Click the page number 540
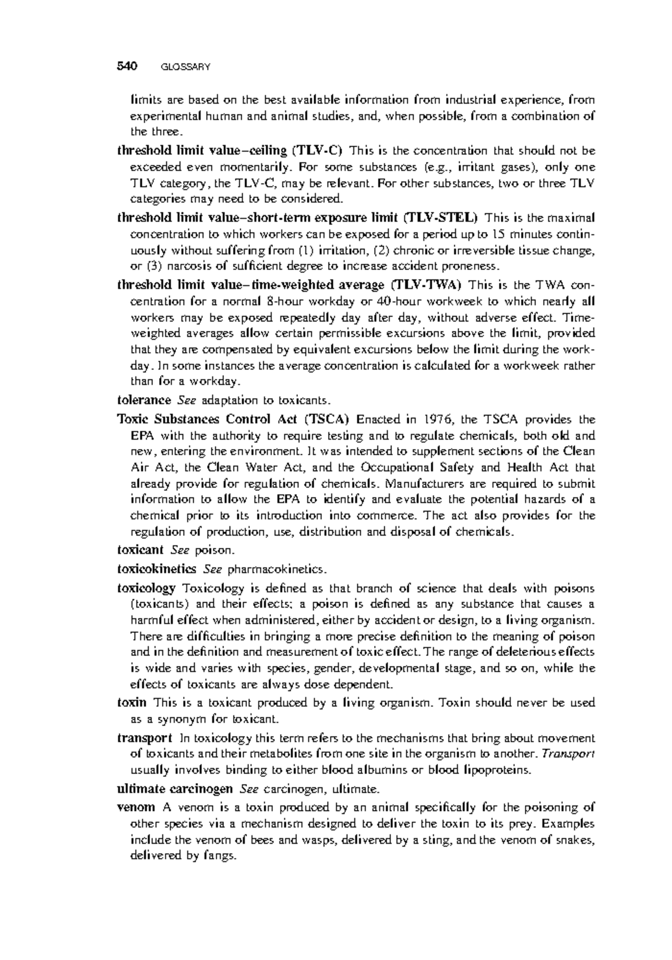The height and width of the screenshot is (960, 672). (127, 67)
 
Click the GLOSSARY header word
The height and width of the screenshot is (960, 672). (185, 68)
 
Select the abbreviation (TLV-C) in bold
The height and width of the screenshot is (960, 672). (318, 151)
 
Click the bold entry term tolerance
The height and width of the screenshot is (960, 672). (144, 400)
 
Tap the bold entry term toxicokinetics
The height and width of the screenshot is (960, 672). (156, 569)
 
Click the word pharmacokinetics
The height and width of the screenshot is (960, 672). (274, 570)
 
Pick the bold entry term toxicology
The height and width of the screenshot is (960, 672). (146, 589)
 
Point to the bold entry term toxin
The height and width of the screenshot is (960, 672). (132, 702)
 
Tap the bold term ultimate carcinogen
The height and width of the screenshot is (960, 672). (175, 789)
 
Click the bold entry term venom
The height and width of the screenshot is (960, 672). (136, 808)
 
